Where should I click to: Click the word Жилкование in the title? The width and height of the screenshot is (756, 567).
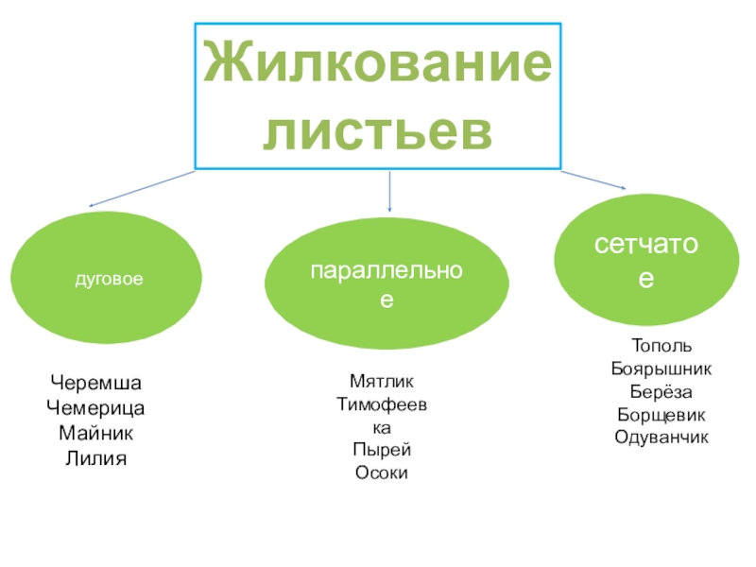377,64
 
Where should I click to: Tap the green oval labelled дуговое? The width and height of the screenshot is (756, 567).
106,281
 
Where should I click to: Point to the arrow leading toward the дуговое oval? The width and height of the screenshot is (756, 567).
142,188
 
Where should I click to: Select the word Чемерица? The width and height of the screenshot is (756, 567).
95,408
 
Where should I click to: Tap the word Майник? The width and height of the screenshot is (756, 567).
95,433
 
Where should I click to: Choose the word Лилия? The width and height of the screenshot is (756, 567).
95,457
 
